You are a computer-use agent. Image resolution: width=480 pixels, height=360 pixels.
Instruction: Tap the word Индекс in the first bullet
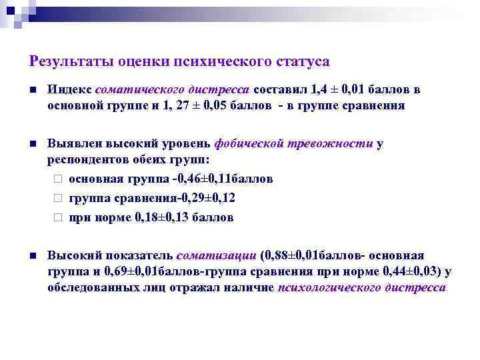(x=69, y=90)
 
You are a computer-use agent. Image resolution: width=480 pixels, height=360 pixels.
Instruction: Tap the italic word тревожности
(x=329, y=144)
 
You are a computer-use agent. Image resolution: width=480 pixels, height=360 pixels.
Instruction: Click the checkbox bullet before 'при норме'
(x=58, y=217)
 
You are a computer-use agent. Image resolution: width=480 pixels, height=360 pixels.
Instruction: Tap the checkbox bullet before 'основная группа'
(x=58, y=179)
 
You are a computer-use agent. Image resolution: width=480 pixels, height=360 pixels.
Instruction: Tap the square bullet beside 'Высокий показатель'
(x=32, y=255)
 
